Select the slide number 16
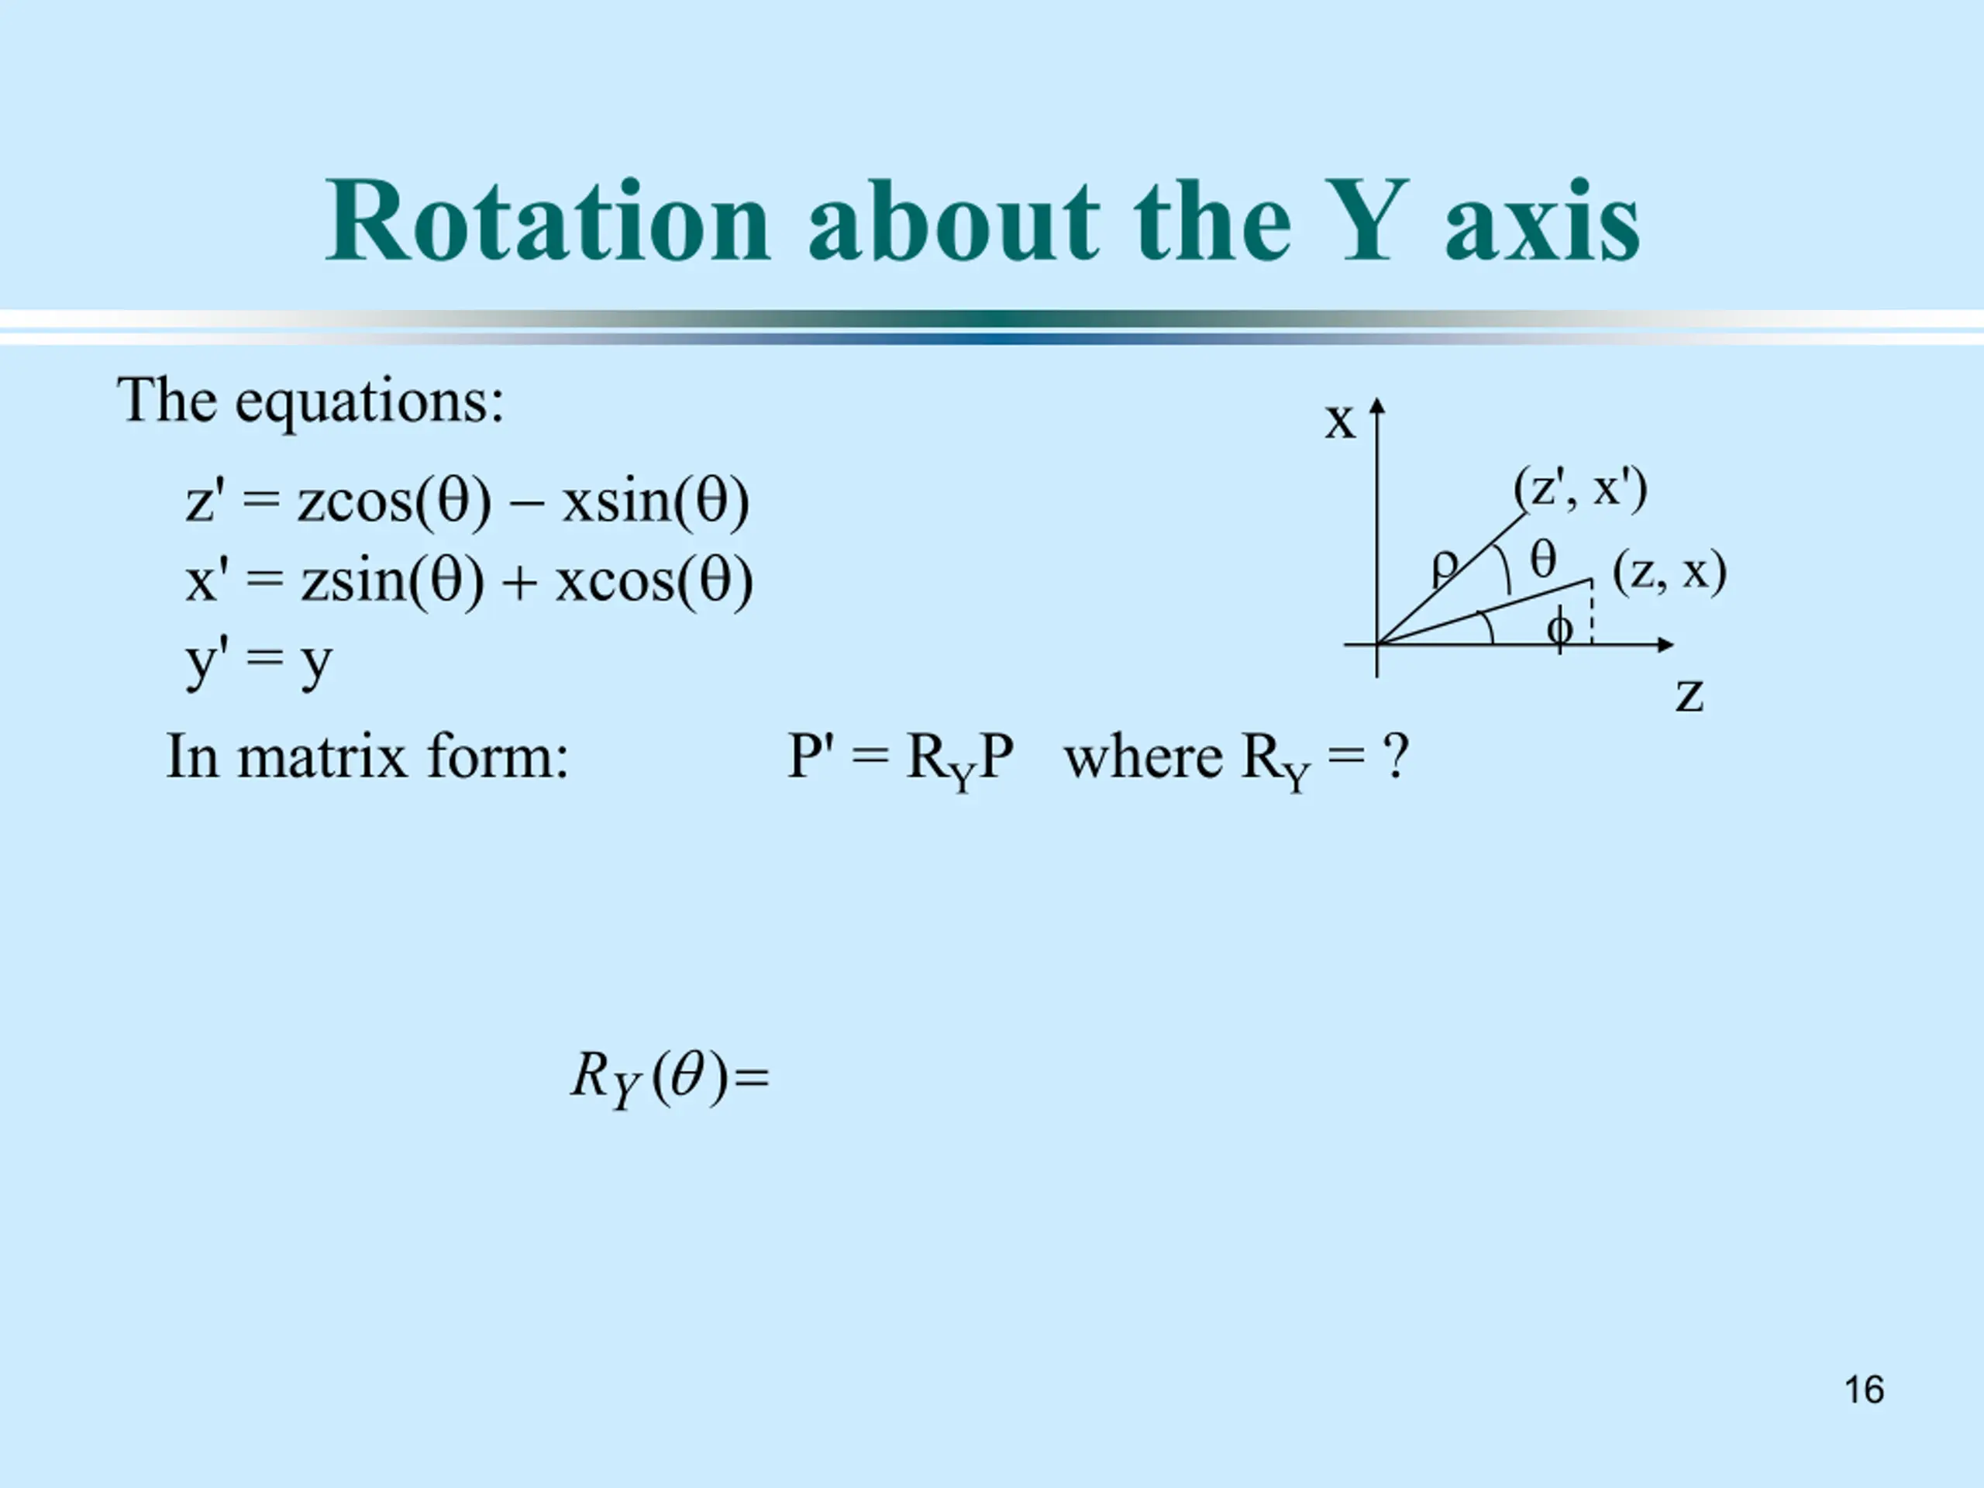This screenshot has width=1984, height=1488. tap(1864, 1390)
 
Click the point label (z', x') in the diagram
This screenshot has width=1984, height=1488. tap(1580, 490)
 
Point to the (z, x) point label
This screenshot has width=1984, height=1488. tap(1669, 573)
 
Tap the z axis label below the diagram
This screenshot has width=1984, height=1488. tap(1689, 696)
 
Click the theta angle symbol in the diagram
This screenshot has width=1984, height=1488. tap(1543, 560)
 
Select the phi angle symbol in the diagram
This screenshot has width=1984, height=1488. tap(1560, 628)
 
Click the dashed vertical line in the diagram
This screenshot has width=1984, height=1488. tap(1592, 611)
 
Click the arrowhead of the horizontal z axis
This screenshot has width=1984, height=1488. tap(1665, 644)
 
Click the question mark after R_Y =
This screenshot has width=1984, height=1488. tap(1396, 757)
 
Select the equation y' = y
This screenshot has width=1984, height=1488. tap(259, 663)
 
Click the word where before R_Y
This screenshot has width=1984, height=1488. tap(1142, 757)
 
